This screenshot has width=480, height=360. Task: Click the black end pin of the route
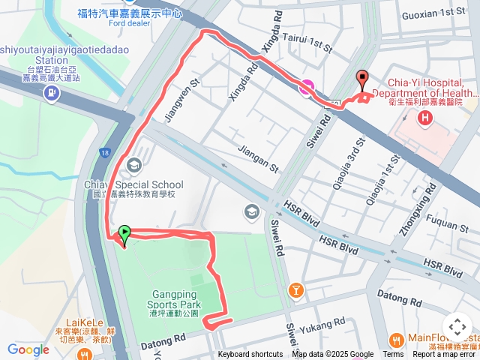point(363,80)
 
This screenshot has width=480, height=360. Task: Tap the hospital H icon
point(426,118)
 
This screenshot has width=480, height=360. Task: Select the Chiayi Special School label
point(145,185)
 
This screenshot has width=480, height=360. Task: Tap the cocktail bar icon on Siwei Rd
point(296,288)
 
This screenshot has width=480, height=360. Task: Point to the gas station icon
point(51,94)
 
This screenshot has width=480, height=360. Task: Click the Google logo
point(28,349)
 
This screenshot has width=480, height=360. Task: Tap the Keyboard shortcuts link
point(250,355)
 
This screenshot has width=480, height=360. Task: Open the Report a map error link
point(444,355)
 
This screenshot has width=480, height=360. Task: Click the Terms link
point(393,355)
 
